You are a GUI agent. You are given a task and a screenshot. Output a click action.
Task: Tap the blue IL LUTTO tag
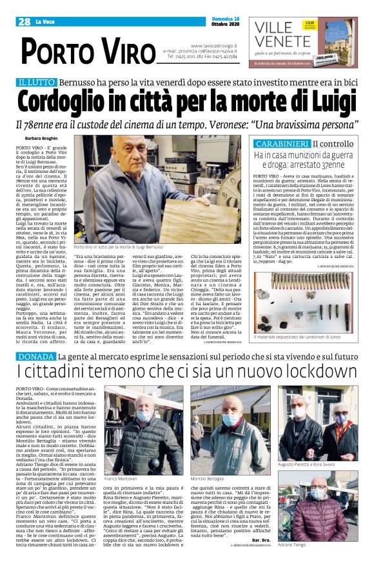click(38, 83)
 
